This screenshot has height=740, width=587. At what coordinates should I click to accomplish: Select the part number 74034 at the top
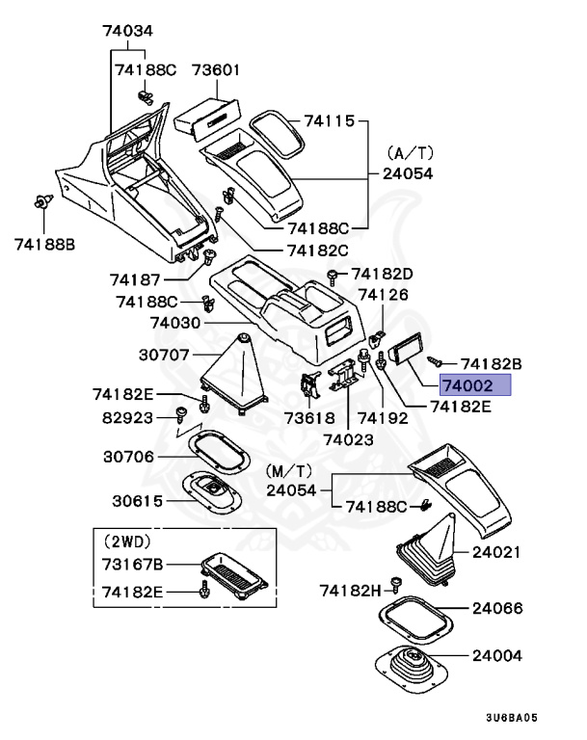128,30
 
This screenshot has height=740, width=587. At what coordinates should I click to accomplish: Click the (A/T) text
412,153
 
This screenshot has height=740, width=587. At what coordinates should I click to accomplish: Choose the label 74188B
44,244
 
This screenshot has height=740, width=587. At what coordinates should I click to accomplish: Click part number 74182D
382,274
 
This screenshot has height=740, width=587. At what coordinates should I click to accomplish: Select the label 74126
383,295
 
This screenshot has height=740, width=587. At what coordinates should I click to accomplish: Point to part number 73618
309,418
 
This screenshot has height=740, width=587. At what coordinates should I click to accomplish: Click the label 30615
140,501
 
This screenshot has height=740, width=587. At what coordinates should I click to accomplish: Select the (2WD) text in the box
127,541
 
